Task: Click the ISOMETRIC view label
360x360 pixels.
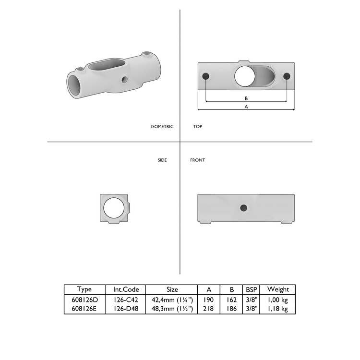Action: click(162, 127)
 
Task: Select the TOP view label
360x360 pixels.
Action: click(197, 127)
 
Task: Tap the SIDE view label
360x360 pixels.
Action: click(162, 160)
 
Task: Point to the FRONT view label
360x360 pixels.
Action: click(197, 160)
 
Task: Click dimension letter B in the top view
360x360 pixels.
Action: click(246, 98)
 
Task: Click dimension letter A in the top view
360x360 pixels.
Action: click(246, 107)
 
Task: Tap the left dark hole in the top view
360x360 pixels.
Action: click(206, 76)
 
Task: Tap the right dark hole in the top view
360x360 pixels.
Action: click(287, 76)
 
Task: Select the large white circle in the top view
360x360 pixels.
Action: click(246, 76)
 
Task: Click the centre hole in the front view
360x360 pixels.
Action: click(243, 207)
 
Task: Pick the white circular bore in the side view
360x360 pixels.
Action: click(114, 208)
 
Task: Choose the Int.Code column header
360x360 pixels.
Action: click(126, 289)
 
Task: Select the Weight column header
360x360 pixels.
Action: click(278, 289)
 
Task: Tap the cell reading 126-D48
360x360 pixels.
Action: click(126, 309)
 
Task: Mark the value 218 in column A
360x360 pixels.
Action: click(209, 309)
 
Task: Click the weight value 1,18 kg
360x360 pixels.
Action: click(278, 309)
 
